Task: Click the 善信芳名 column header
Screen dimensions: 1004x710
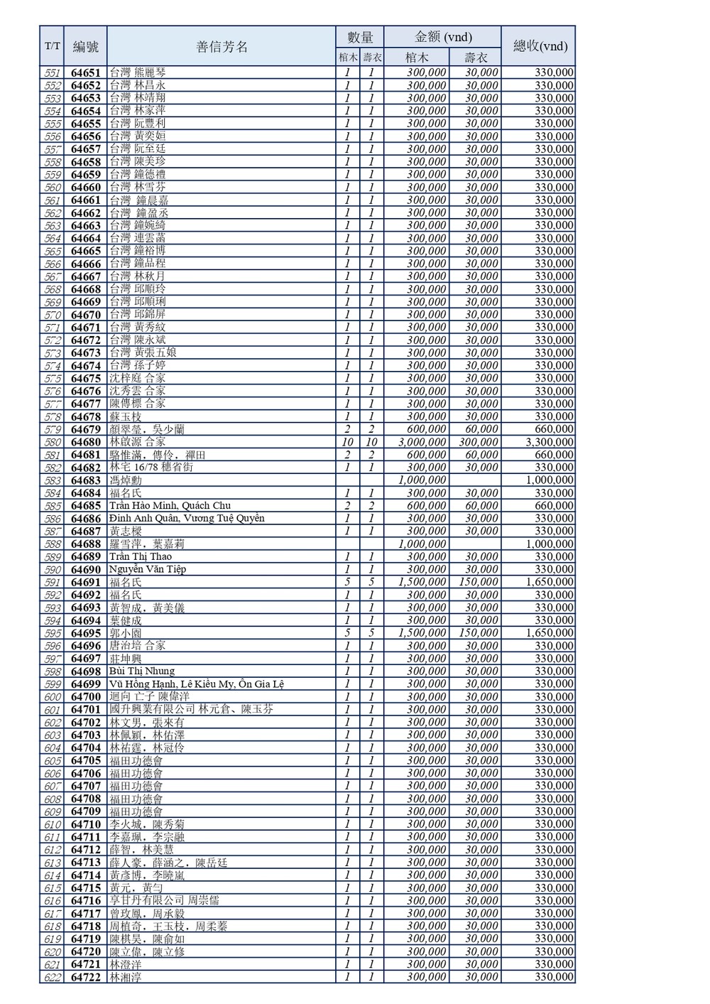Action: pyautogui.click(x=221, y=47)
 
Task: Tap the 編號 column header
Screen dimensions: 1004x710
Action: pyautogui.click(x=85, y=47)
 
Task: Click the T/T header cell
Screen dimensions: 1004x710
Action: pyautogui.click(x=52, y=47)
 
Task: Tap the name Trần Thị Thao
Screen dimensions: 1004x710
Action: pyautogui.click(x=141, y=556)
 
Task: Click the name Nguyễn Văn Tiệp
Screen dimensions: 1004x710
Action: pyautogui.click(x=148, y=569)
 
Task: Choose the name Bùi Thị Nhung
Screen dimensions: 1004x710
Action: pyautogui.click(x=142, y=671)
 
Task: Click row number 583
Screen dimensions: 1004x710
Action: pyautogui.click(x=52, y=480)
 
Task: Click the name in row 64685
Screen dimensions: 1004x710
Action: pyautogui.click(x=170, y=506)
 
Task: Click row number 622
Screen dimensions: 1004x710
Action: pyautogui.click(x=52, y=977)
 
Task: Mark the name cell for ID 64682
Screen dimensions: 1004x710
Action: pyautogui.click(x=151, y=468)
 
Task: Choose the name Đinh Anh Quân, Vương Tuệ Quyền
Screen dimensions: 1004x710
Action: pyautogui.click(x=187, y=519)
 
